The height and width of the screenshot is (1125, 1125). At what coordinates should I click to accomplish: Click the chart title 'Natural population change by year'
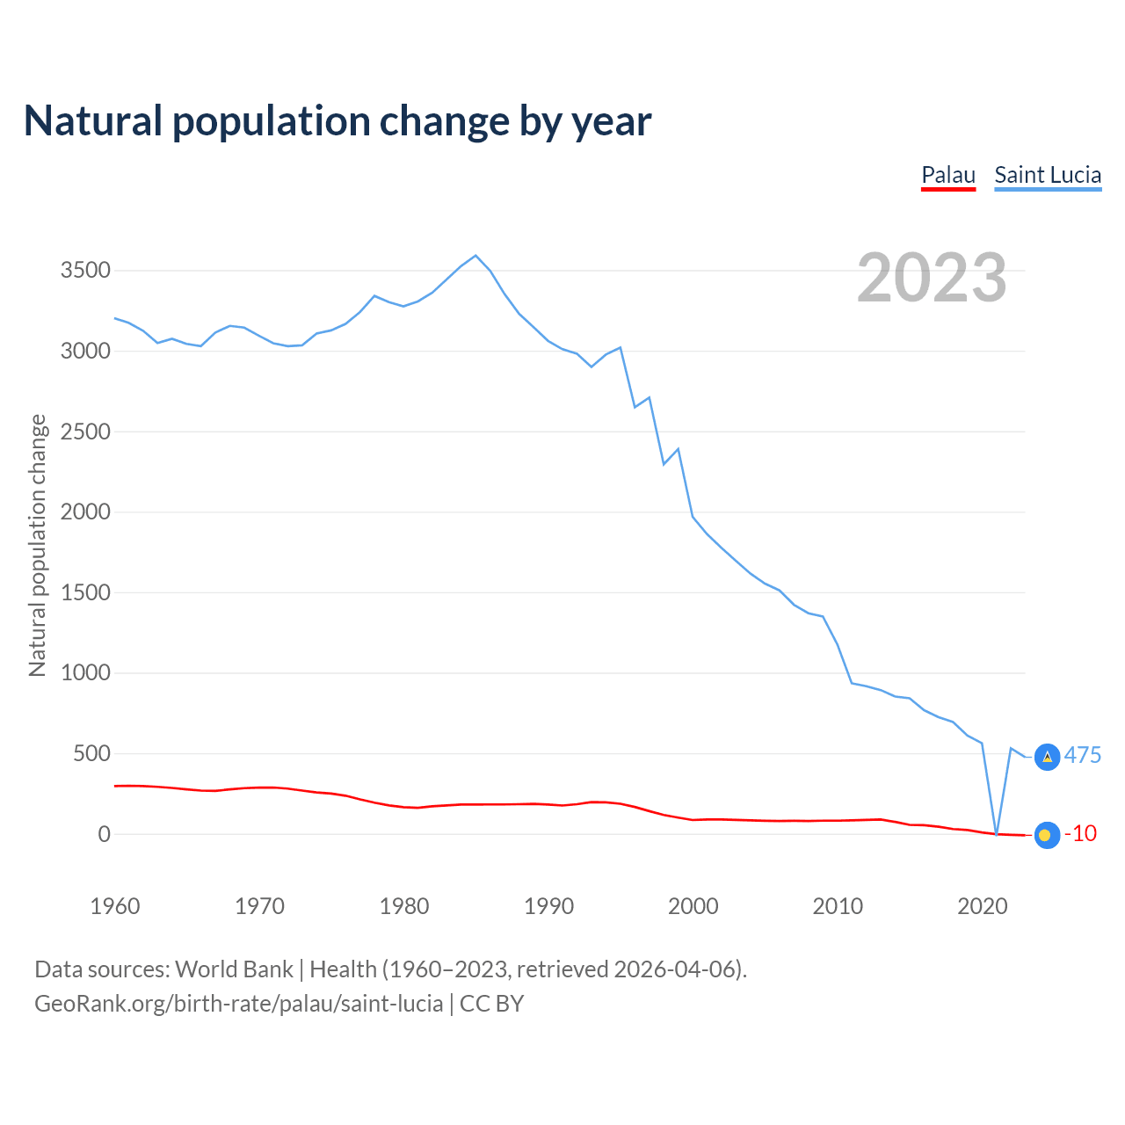[x=337, y=121]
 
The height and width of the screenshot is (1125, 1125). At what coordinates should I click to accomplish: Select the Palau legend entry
[x=948, y=175]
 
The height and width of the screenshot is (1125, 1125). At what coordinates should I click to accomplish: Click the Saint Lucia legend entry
[x=1048, y=175]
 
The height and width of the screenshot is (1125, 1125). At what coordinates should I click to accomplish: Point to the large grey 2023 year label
[x=932, y=277]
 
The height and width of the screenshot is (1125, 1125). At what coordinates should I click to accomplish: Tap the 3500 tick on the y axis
[x=85, y=270]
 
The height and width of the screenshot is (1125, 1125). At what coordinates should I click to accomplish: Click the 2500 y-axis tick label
[x=85, y=432]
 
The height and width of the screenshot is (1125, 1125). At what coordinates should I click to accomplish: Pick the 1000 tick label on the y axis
[x=85, y=673]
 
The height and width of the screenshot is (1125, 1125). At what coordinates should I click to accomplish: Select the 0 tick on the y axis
[x=104, y=834]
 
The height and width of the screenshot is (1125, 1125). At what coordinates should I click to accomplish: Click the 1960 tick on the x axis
[x=115, y=906]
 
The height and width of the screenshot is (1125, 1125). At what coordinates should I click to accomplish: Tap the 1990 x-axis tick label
[x=548, y=906]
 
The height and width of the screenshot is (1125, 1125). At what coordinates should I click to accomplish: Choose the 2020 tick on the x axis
[x=982, y=906]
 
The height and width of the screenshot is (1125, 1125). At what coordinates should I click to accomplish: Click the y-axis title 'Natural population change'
[x=38, y=545]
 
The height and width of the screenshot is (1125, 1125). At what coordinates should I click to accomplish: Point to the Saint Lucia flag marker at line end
[x=1047, y=757]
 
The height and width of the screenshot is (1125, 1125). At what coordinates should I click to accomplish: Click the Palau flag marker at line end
[x=1046, y=835]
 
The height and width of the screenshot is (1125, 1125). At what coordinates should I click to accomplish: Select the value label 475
[x=1083, y=755]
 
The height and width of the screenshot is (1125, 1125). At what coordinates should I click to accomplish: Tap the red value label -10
[x=1081, y=833]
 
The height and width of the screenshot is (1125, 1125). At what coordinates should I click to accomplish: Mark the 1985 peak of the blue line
[x=475, y=256]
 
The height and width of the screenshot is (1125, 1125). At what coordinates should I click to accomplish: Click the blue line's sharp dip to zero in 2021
[x=997, y=833]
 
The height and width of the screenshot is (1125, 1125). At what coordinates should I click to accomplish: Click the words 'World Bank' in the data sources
[x=234, y=969]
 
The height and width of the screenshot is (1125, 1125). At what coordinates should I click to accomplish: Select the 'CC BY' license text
[x=491, y=1004]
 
